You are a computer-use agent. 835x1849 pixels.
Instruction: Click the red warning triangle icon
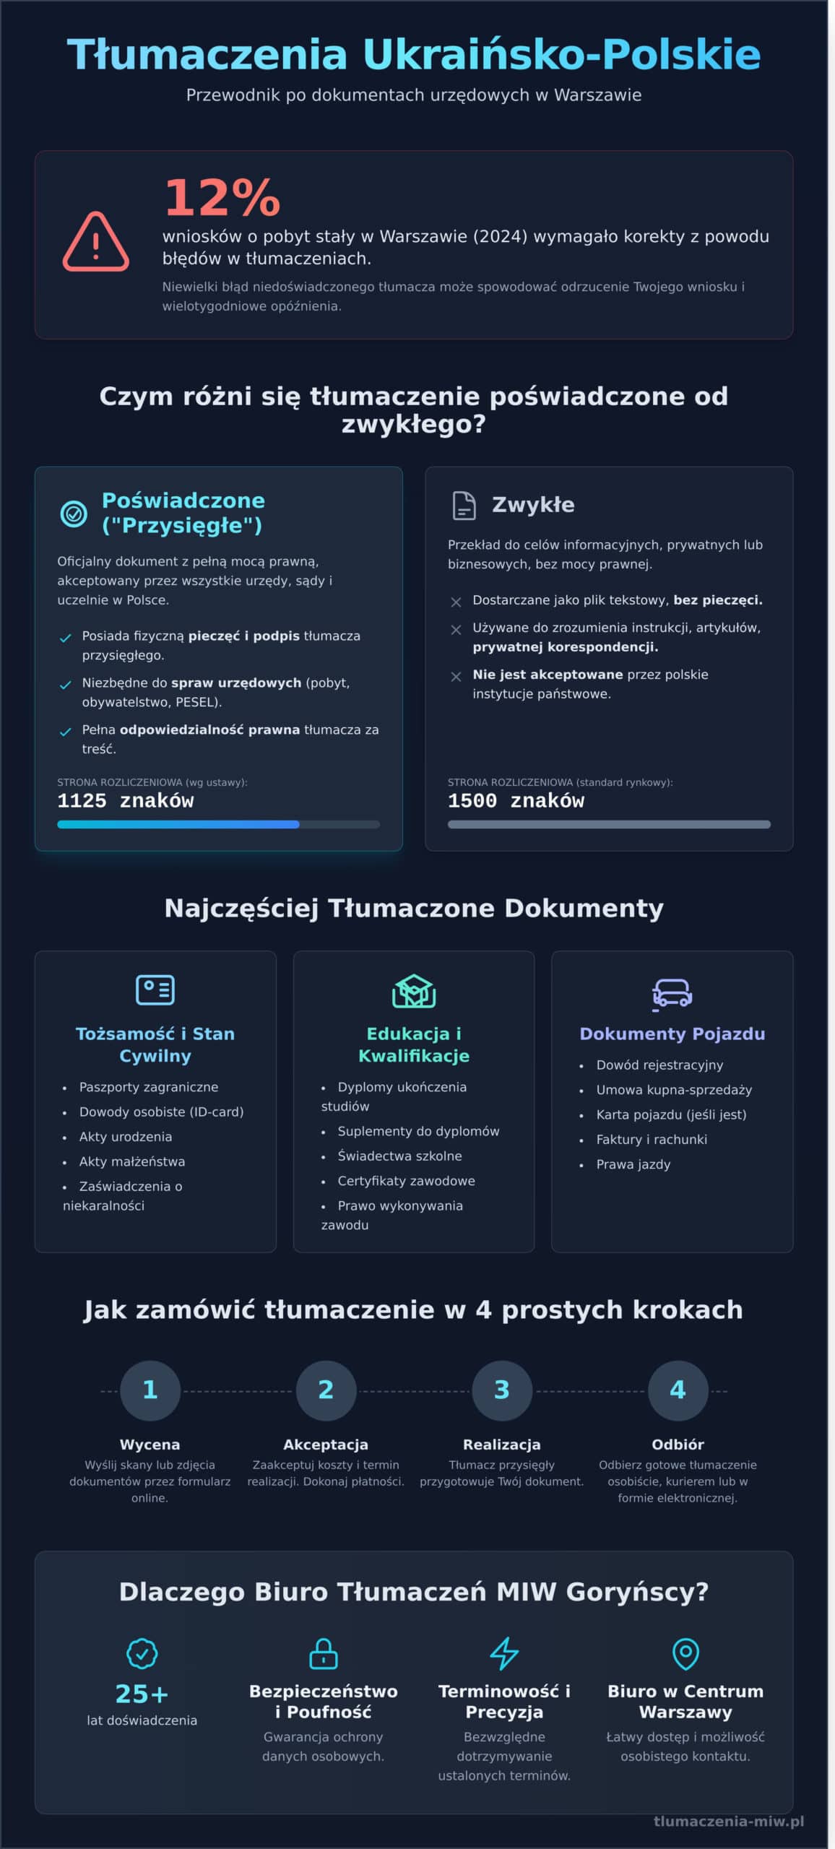click(95, 242)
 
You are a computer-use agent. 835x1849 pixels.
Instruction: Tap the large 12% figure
click(222, 197)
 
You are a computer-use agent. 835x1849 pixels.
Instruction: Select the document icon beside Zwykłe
click(464, 505)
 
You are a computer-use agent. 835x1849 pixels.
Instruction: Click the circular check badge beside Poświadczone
click(73, 514)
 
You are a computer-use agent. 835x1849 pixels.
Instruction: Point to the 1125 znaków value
click(126, 800)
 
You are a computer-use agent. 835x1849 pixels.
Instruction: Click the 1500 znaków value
click(516, 800)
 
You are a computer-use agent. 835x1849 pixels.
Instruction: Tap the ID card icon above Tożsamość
click(155, 990)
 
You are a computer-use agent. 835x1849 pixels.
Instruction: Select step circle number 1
click(150, 1390)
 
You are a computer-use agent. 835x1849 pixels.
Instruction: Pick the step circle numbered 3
click(502, 1390)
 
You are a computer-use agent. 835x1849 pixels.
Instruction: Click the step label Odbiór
click(678, 1444)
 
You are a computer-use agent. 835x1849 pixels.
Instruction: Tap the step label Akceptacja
click(326, 1444)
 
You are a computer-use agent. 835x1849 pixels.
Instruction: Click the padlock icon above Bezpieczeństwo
click(323, 1653)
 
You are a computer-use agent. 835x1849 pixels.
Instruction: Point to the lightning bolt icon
click(504, 1653)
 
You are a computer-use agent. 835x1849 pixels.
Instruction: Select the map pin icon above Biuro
click(685, 1653)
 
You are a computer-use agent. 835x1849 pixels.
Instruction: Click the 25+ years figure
click(142, 1693)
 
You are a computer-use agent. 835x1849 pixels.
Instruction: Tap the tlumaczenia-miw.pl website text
click(728, 1821)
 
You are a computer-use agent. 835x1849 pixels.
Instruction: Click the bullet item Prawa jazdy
click(633, 1164)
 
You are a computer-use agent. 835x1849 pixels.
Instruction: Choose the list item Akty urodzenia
click(126, 1136)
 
